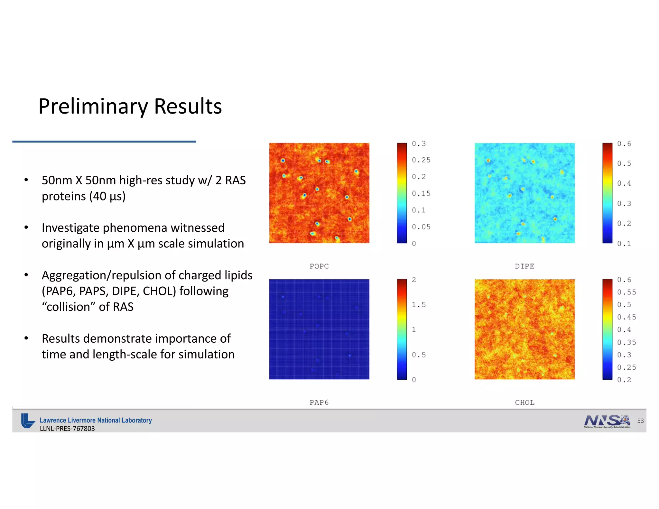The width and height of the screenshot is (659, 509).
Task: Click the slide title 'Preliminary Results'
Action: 130,106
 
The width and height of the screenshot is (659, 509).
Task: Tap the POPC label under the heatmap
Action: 319,266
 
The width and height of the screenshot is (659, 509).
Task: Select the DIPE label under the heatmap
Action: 524,266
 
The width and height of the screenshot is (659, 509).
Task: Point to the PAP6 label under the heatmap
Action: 319,402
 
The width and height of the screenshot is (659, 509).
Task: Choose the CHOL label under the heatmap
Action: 524,402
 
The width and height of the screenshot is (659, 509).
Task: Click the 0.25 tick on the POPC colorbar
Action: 421,160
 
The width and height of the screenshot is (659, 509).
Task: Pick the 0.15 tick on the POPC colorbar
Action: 421,193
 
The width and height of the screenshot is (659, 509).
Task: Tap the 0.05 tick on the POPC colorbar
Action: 421,227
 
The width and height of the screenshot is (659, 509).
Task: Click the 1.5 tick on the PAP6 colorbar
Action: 419,304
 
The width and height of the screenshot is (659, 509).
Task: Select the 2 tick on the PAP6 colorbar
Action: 414,280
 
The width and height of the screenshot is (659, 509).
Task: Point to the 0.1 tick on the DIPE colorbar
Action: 624,244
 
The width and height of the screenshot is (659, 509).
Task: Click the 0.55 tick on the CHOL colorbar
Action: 626,292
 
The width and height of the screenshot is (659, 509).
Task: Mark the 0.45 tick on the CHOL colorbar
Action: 626,317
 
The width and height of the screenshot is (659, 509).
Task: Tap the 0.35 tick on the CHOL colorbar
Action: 626,342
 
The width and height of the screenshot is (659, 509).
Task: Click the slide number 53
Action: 640,421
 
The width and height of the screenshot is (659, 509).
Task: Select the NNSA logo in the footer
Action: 607,421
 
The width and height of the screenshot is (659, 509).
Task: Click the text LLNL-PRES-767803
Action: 67,429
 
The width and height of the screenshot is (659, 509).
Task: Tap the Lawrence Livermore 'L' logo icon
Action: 28,421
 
